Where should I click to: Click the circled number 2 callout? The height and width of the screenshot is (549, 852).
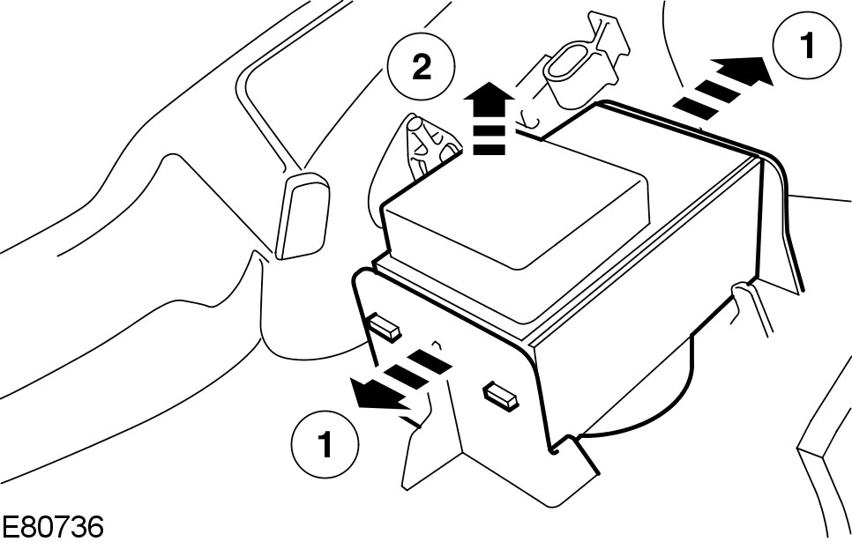422,70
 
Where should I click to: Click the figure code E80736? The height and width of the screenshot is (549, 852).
53,528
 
